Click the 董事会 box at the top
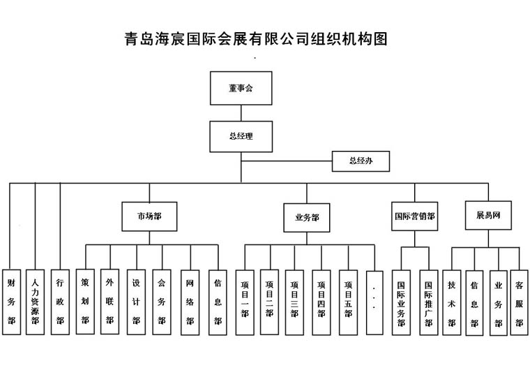click(241, 88)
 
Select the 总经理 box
click(241, 136)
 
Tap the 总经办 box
click(361, 161)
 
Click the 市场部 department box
click(149, 216)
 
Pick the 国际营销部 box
click(414, 216)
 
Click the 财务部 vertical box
click(11, 302)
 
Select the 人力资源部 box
click(35, 302)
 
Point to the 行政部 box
click(60, 302)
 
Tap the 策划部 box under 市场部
click(85, 300)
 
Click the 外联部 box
click(109, 300)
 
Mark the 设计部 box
click(136, 302)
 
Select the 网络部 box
click(190, 302)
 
